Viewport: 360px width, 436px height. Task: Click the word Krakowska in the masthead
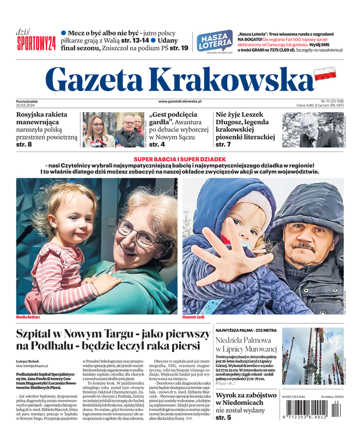tap(230, 81)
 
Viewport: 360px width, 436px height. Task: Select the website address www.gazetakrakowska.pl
tap(180, 101)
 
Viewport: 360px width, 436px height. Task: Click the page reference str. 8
tap(24, 144)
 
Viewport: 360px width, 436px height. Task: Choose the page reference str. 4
tap(157, 144)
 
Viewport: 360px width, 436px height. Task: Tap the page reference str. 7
tap(223, 144)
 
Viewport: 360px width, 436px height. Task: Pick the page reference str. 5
tap(223, 417)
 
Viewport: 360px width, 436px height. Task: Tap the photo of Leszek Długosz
tap(313, 130)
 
